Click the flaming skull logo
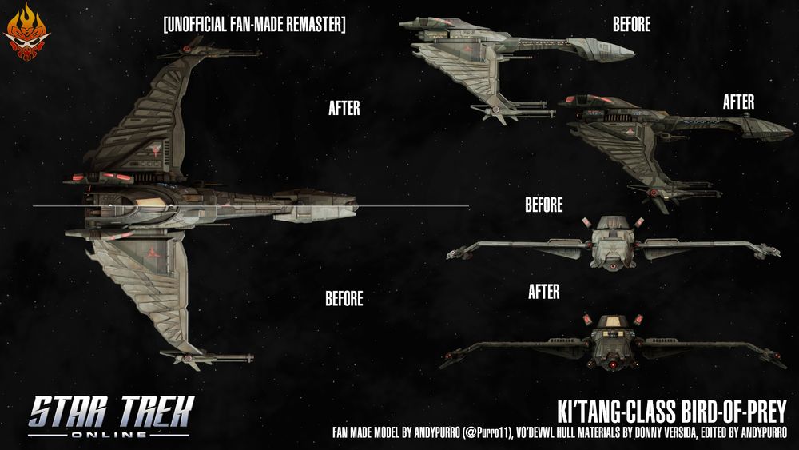point(26,32)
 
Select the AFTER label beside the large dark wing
point(344,108)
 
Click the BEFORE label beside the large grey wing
point(344,298)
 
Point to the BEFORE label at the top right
point(631,24)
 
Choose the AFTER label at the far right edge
point(738,102)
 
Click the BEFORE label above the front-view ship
point(543,205)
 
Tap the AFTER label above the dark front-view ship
point(543,292)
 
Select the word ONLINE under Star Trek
point(109,435)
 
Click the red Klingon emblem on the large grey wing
point(153,251)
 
